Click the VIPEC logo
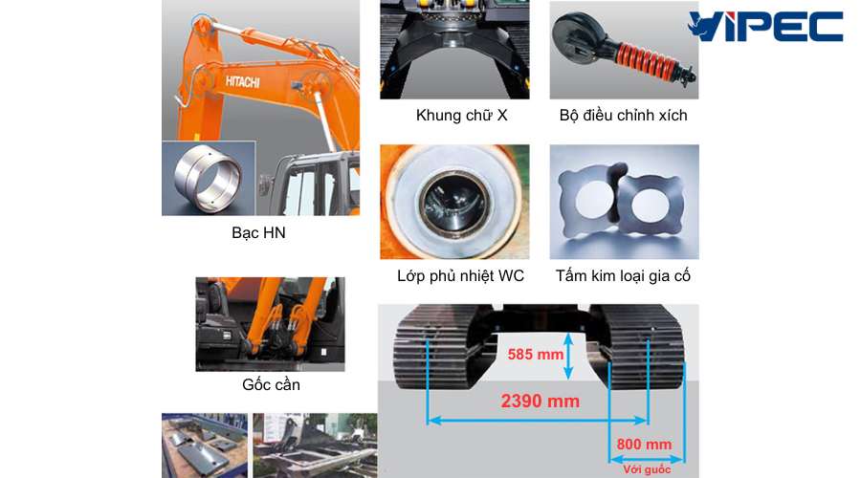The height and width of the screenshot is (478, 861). (765, 27)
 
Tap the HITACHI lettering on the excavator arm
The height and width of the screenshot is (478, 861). (242, 82)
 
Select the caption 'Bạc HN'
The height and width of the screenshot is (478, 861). (258, 232)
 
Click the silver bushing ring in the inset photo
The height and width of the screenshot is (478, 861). (207, 177)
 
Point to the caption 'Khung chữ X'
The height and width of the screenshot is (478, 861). (461, 116)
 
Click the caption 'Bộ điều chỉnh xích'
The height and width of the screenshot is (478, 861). (623, 116)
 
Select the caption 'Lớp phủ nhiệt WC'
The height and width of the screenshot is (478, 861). (461, 276)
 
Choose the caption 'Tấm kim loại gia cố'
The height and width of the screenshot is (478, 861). (623, 276)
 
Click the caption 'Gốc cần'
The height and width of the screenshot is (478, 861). (272, 384)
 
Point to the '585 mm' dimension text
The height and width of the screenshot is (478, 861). (536, 355)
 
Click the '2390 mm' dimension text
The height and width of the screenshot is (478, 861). (541, 402)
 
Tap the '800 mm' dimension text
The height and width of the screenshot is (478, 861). (644, 444)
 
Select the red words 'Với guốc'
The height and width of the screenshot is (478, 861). (647, 469)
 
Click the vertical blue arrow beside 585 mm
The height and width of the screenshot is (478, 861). (569, 357)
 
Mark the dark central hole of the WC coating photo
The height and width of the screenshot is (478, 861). (453, 202)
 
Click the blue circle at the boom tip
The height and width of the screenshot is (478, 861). (202, 25)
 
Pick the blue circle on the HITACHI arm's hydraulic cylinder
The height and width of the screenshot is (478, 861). (316, 86)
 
